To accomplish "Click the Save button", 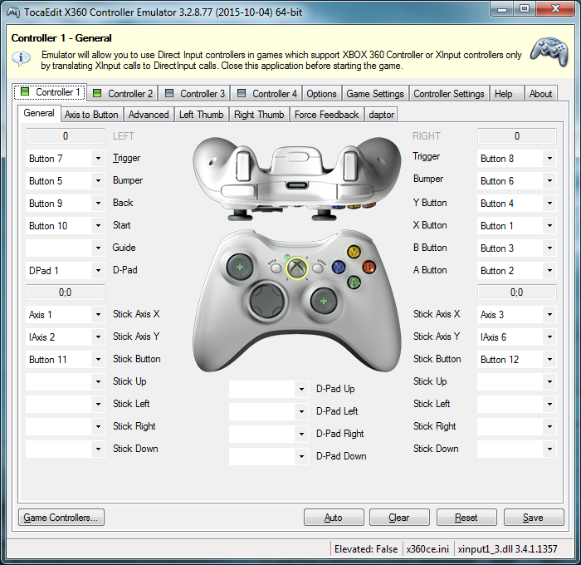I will point(533,517).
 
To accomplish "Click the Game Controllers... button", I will point(61,517).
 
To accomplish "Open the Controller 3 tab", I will point(195,93).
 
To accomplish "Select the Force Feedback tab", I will point(327,114).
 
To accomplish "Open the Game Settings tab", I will point(375,93).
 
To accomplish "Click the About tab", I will point(540,93).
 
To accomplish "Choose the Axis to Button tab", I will point(91,114).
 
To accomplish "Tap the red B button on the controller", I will point(369,267).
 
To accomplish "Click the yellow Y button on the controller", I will point(354,251).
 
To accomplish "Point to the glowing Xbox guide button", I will point(296,268).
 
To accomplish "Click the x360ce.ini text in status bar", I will point(427,549).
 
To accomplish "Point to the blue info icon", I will point(21,57).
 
